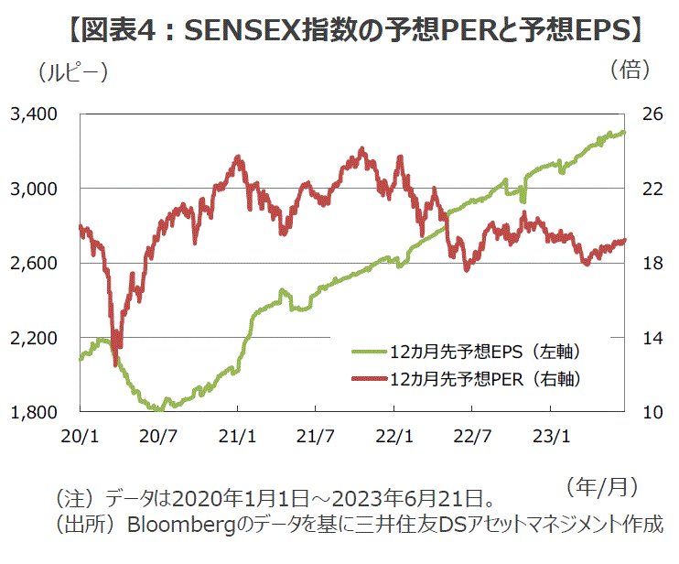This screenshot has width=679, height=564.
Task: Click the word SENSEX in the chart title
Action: pyautogui.click(x=239, y=33)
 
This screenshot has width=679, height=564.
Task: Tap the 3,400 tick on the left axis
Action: pyautogui.click(x=34, y=114)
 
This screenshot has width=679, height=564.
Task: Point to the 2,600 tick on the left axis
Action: pyautogui.click(x=34, y=264)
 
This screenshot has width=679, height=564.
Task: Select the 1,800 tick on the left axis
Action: pyautogui.click(x=34, y=413)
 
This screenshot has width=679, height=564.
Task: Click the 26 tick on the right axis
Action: pyautogui.click(x=652, y=114)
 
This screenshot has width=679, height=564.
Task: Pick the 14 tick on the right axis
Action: pyautogui.click(x=652, y=339)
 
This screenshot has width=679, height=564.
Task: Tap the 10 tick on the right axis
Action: pyautogui.click(x=652, y=413)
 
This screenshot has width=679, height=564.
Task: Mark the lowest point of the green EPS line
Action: pyautogui.click(x=161, y=409)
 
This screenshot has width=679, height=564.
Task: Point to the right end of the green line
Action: pyautogui.click(x=624, y=132)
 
